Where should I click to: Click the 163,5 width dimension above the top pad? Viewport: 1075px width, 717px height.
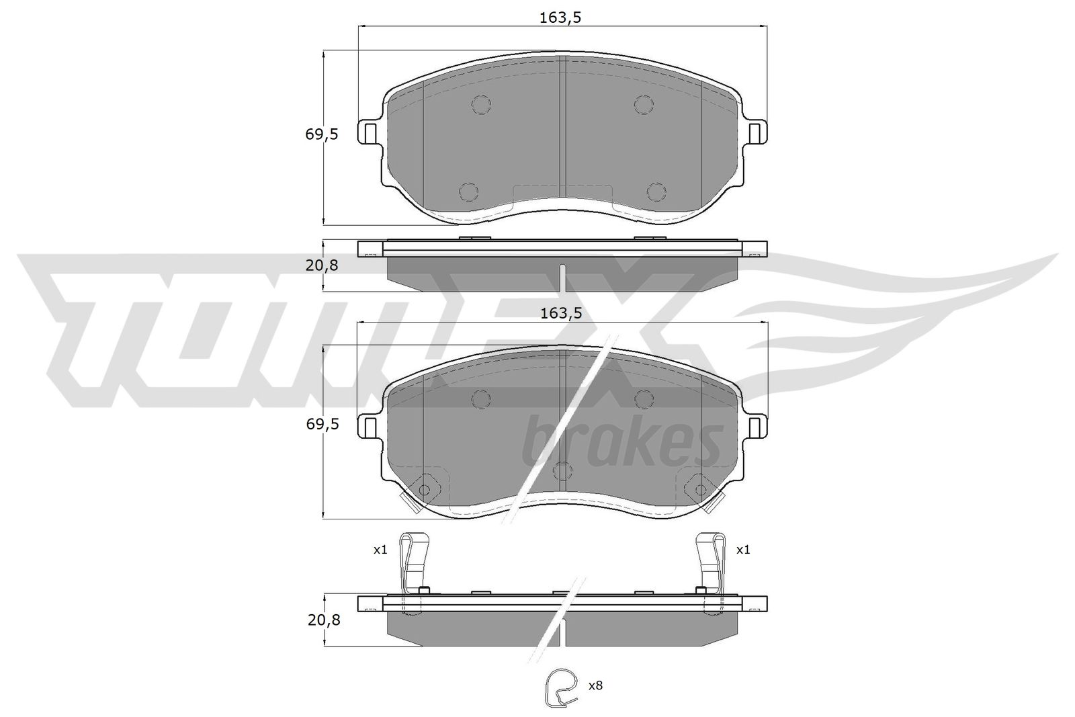[x=560, y=17]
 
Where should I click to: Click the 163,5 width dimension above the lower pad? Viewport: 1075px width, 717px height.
[x=561, y=313]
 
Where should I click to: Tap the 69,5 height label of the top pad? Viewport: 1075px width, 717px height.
[x=322, y=135]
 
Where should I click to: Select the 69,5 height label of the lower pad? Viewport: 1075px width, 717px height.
[x=322, y=424]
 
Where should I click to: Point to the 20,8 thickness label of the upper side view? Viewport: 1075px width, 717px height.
[x=322, y=265]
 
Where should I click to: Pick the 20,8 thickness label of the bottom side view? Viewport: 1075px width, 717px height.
[x=324, y=620]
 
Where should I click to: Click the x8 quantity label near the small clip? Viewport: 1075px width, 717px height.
[x=595, y=685]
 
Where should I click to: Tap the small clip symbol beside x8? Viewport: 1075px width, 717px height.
[x=560, y=687]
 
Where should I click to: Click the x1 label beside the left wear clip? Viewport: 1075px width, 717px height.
[x=380, y=550]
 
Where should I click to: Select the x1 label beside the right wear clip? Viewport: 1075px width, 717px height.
[x=743, y=550]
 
